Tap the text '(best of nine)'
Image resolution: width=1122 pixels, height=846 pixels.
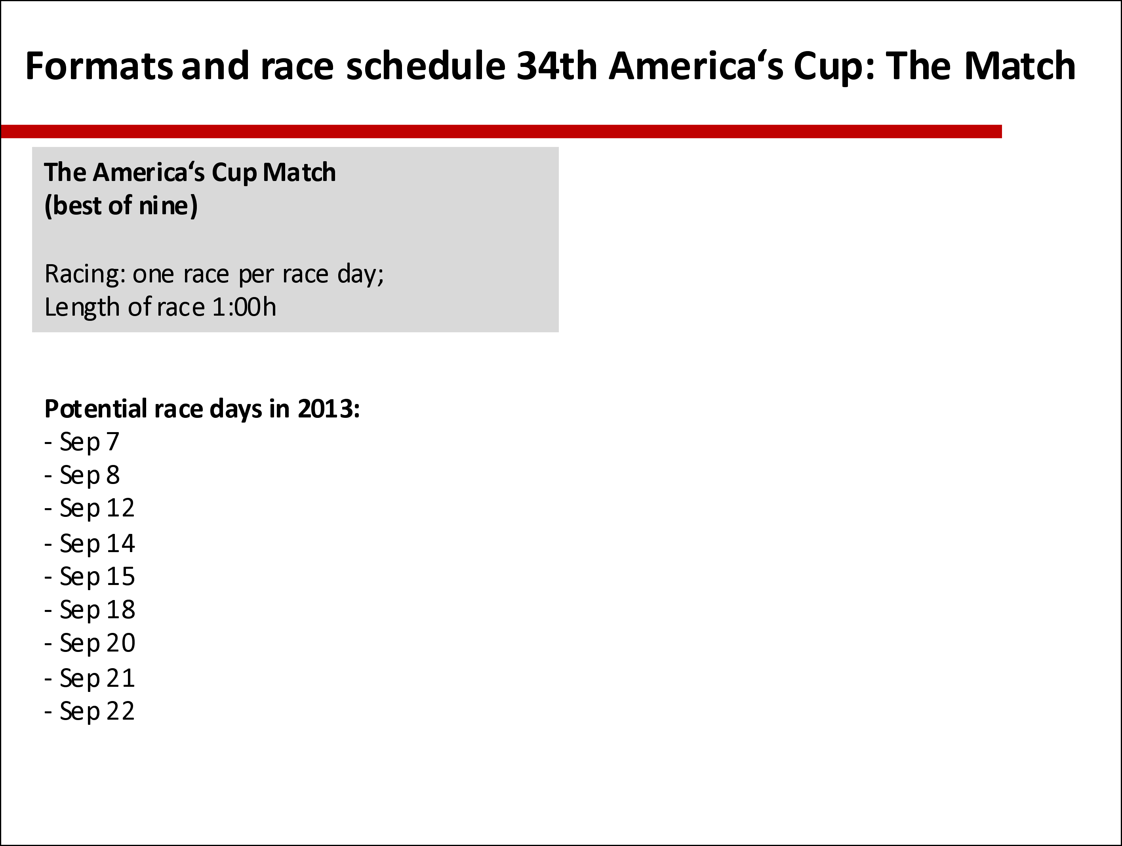(121, 206)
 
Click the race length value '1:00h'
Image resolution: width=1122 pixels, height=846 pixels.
(244, 307)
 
